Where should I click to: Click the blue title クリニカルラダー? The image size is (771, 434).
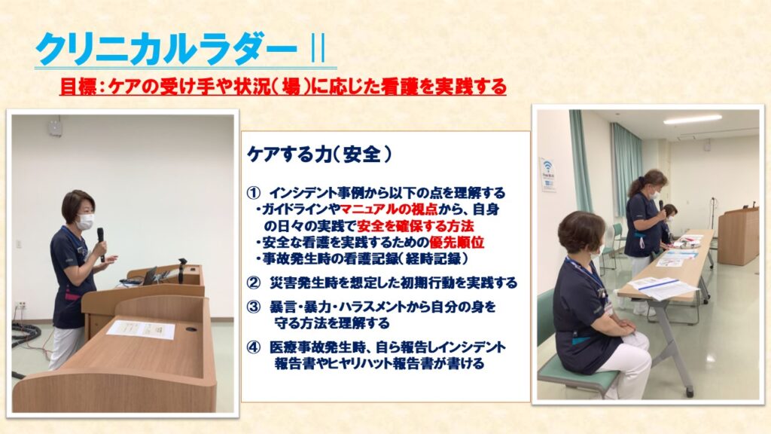[x=166, y=49]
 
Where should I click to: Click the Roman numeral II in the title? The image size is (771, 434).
[x=318, y=50]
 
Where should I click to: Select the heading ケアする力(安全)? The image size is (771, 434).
[x=319, y=154]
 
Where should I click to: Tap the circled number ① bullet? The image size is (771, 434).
[x=253, y=192]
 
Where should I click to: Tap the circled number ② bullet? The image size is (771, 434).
[x=253, y=283]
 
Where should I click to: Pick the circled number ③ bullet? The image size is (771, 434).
[x=253, y=307]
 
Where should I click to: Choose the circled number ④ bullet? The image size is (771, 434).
[x=253, y=348]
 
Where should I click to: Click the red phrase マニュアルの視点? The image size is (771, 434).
[x=389, y=209]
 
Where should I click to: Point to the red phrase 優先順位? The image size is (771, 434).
[x=457, y=242]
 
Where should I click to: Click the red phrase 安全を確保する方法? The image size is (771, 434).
[x=415, y=226]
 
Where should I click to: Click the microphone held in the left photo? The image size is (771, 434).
[x=102, y=242]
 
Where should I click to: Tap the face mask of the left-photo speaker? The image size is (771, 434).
[x=85, y=222]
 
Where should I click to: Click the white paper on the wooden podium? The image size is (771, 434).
[x=141, y=329]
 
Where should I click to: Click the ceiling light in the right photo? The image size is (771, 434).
[x=693, y=120]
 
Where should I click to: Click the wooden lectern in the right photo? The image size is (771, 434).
[x=738, y=236]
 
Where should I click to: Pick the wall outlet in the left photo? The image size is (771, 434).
[x=21, y=306]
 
